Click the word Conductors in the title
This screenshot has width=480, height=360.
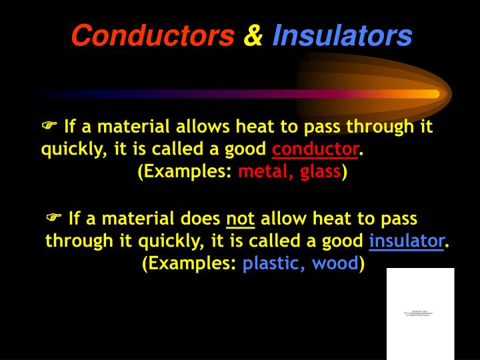click(153, 36)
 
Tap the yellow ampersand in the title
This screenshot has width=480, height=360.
click(253, 36)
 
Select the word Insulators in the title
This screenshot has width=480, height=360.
click(343, 36)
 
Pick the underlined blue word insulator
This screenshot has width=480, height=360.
click(407, 241)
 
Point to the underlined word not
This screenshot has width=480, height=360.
click(241, 219)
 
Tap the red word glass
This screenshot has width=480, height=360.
click(321, 172)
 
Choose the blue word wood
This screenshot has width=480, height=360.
click(335, 263)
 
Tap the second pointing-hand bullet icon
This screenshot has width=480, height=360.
click(54, 218)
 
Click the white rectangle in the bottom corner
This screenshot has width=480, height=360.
click(420, 313)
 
